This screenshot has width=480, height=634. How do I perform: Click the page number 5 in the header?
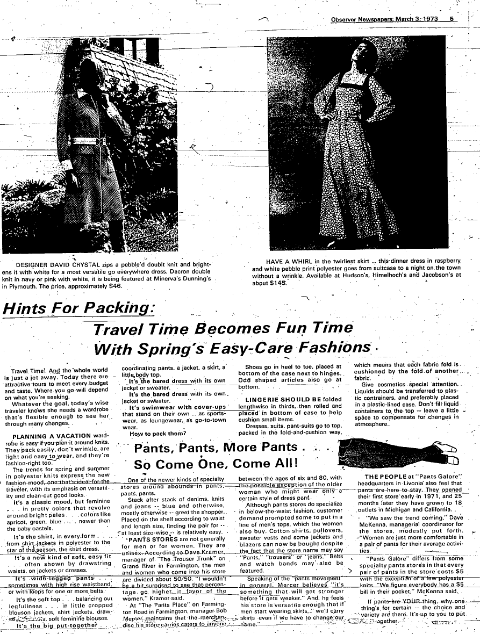tap(452, 19)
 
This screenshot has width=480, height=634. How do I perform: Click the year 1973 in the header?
tap(428, 19)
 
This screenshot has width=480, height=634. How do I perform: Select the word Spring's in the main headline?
tap(170, 350)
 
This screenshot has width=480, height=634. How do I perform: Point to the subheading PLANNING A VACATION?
tap(49, 436)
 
